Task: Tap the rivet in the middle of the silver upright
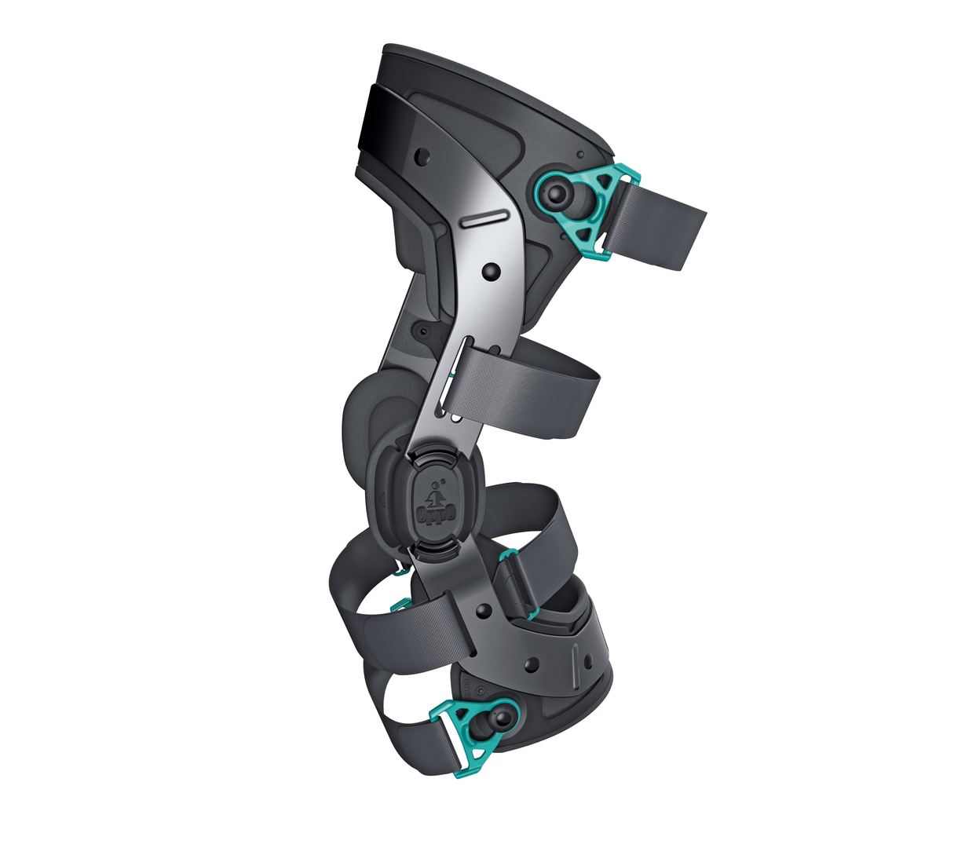coord(491,272)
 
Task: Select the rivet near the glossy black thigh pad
coord(422,155)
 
